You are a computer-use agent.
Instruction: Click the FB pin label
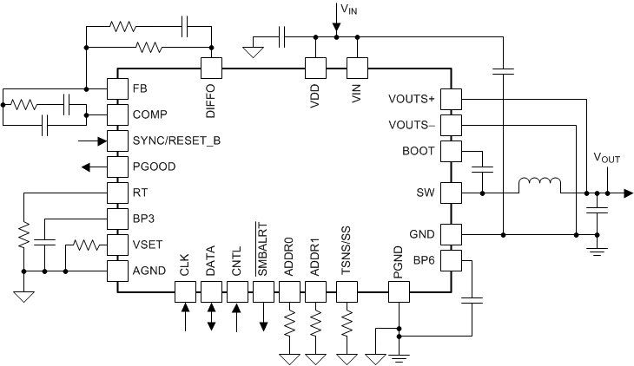[140, 88]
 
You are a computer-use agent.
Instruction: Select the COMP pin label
[149, 114]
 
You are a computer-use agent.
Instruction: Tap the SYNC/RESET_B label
[176, 140]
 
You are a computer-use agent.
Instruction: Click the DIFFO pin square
[211, 68]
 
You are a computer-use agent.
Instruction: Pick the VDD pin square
[314, 68]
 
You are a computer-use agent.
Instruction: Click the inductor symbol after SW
[539, 186]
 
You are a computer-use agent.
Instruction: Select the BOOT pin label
[419, 151]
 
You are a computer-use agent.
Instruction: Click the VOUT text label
[608, 159]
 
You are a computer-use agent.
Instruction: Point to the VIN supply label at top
[345, 10]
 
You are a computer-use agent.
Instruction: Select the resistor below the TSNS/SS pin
[347, 326]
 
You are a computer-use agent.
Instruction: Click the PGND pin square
[398, 292]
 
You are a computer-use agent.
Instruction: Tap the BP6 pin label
[424, 259]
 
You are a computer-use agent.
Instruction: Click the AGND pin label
[149, 270]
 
